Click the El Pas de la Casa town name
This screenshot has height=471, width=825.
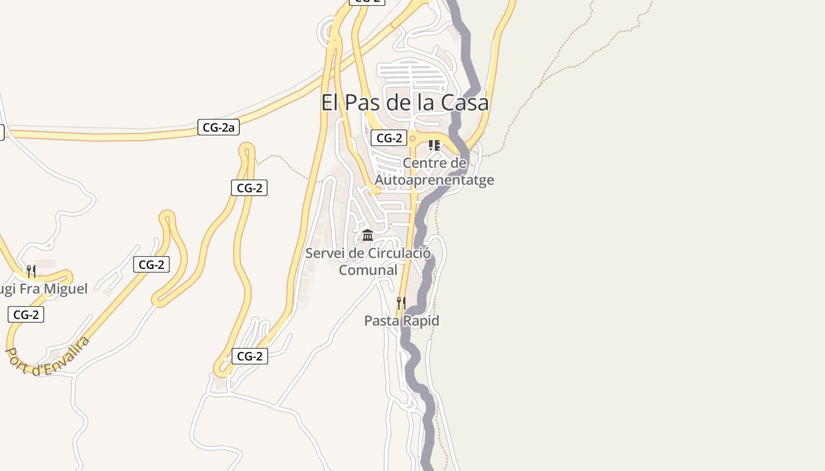(x=405, y=102)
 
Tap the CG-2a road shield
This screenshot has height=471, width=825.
(x=218, y=127)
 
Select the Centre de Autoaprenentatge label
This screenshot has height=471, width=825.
(x=434, y=171)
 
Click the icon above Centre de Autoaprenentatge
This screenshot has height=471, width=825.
(x=434, y=145)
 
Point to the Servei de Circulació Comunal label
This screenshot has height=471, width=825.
(x=368, y=261)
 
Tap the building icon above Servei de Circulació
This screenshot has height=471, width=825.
(x=368, y=235)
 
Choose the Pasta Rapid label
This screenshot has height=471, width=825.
(x=401, y=321)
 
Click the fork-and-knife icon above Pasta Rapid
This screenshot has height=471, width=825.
(x=401, y=303)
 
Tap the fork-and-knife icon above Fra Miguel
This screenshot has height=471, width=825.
(x=31, y=271)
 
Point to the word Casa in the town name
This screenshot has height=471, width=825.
(x=466, y=102)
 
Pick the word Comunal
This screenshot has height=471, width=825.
(x=368, y=270)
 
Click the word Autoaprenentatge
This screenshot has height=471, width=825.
(x=434, y=180)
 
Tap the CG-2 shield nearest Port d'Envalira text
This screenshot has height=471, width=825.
(x=26, y=314)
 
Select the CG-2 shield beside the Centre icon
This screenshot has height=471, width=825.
(x=389, y=138)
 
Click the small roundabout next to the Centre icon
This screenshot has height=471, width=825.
(x=412, y=139)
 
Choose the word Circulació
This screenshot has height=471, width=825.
(x=399, y=253)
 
